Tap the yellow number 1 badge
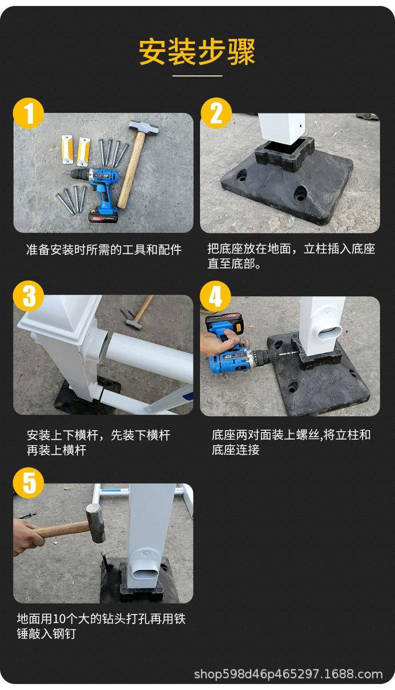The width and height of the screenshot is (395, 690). [x=28, y=113]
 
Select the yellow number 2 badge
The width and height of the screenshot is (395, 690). [x=216, y=113]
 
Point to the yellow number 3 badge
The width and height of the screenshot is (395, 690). [x=28, y=296]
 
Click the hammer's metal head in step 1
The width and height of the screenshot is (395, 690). [x=143, y=126]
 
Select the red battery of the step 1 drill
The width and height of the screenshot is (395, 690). [x=103, y=216]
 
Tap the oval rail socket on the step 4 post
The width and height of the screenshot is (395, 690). [x=329, y=332]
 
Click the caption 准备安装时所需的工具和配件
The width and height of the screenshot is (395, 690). [x=104, y=249]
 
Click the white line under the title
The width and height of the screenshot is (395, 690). [x=197, y=75]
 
